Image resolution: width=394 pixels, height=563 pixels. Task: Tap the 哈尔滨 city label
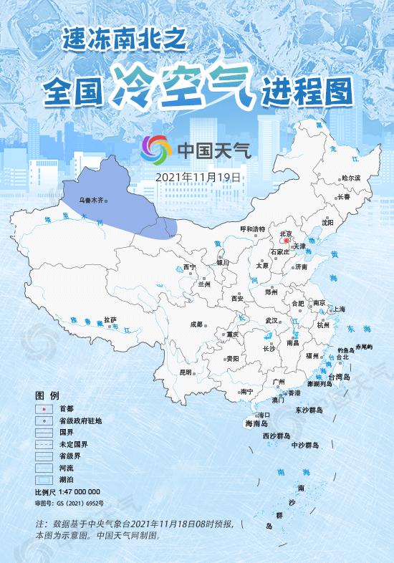(351, 178)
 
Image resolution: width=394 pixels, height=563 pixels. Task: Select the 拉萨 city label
(110, 319)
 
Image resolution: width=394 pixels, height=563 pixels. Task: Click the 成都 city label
(196, 324)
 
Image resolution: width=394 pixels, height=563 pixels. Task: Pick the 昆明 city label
(186, 372)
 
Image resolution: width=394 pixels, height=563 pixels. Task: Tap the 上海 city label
(339, 309)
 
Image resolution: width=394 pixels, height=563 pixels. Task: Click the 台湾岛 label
(339, 376)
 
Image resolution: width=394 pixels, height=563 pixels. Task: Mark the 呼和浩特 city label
(252, 228)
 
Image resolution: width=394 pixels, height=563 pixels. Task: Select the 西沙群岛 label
(276, 436)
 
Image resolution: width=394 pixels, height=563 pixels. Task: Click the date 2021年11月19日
(197, 175)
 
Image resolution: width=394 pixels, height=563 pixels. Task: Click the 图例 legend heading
(47, 395)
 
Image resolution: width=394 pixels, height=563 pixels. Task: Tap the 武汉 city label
(272, 320)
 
